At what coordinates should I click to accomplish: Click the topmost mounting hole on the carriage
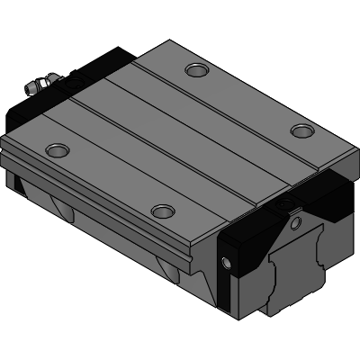195,68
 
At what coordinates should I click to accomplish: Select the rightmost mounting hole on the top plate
301,131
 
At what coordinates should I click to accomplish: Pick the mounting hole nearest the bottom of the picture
162,211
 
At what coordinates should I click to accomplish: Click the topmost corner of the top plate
168,40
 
